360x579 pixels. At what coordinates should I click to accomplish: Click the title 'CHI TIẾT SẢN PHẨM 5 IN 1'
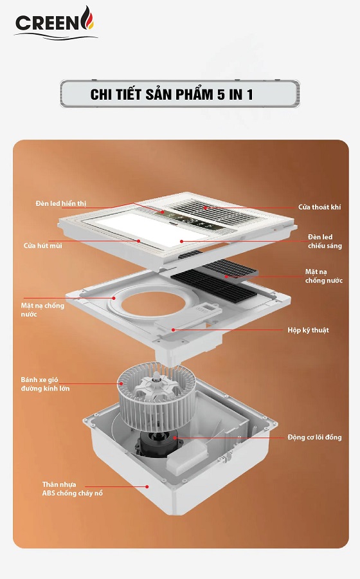tap(172, 95)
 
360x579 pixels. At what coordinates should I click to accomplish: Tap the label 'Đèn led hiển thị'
tap(61, 203)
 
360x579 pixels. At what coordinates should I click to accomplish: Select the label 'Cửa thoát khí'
tap(319, 207)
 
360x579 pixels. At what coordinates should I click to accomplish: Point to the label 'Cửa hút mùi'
tap(43, 246)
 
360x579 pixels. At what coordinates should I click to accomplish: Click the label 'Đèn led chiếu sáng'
tap(325, 241)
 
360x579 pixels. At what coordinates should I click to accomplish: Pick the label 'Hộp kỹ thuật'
tap(308, 330)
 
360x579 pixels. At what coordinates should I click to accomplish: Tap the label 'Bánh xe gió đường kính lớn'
tap(45, 384)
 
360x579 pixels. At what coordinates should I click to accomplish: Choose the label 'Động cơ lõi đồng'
tap(314, 437)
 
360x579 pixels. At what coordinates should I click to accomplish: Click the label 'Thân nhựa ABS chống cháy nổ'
tap(72, 489)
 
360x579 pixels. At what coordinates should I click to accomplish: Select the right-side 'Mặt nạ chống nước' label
tap(323, 276)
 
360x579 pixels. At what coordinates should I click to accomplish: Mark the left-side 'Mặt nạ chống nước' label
tap(42, 310)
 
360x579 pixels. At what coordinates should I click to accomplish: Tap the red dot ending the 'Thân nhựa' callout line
tap(147, 487)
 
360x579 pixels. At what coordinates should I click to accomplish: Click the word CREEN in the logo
tap(47, 23)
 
